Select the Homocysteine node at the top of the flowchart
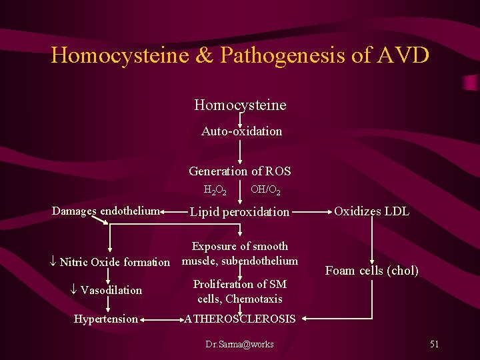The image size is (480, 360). (x=240, y=105)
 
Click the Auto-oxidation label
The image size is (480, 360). (x=241, y=131)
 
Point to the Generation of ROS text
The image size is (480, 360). (x=240, y=171)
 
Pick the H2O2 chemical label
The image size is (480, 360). (x=215, y=191)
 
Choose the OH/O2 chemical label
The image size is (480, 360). (x=265, y=191)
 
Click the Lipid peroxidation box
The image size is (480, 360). (x=240, y=212)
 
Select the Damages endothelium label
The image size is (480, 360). (x=105, y=211)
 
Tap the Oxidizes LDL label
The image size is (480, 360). (x=371, y=211)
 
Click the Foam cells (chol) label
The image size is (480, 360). (x=371, y=271)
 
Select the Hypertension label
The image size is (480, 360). (x=105, y=319)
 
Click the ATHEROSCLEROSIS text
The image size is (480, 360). (x=240, y=319)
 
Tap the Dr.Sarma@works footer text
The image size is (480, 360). (x=240, y=344)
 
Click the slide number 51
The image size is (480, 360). (x=434, y=344)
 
